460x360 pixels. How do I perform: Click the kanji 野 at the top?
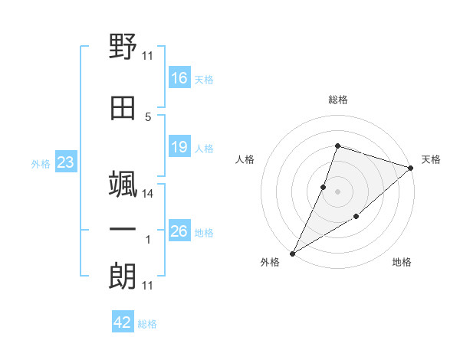point(123,46)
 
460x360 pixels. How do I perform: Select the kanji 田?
point(123,108)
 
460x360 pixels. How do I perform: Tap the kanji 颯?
point(123,184)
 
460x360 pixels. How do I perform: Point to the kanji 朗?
point(123,276)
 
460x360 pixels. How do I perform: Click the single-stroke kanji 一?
point(123,229)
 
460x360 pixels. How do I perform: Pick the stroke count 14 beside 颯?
point(147,194)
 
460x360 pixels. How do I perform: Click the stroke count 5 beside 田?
point(148,117)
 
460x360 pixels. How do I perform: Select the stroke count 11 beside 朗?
point(147,286)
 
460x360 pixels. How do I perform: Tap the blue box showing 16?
point(179,77)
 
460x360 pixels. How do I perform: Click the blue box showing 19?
point(179,146)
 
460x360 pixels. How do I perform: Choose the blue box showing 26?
point(179,230)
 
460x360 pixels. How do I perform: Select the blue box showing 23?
point(66,162)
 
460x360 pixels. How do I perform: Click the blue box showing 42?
point(123,321)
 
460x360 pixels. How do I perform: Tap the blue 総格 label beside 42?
point(147,324)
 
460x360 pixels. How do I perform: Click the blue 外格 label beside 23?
point(41,164)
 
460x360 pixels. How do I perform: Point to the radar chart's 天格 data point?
point(411,168)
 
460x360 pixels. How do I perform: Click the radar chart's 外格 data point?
point(293,254)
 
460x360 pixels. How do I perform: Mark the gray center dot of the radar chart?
point(337,191)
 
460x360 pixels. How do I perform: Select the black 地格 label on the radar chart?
point(402,262)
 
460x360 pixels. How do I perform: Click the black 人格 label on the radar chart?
point(245,159)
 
